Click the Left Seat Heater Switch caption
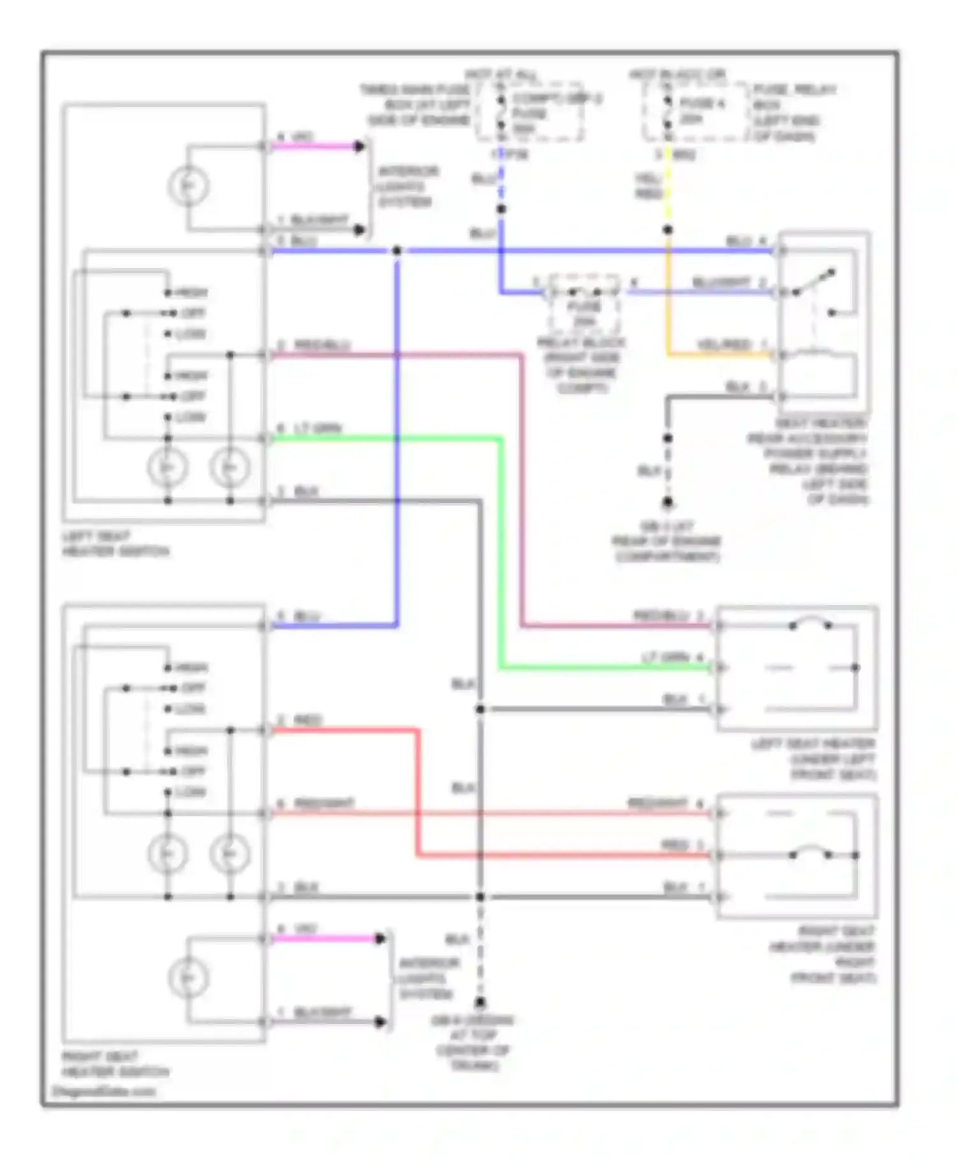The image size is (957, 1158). tap(115, 544)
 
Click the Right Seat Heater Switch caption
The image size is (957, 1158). tap(115, 1064)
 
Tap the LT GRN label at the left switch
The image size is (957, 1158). tap(317, 428)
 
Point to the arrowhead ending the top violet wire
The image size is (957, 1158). tap(360, 147)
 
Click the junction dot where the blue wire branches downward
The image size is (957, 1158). tap(396, 251)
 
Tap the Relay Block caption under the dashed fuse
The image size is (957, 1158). tap(581, 365)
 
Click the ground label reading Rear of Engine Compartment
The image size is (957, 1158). tap(666, 541)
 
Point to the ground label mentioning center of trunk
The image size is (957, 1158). tap(473, 1042)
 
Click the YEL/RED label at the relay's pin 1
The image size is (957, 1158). tap(723, 345)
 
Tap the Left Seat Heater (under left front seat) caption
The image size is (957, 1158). tap(813, 759)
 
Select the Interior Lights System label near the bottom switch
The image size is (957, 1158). tap(426, 978)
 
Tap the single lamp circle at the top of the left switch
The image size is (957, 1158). tap(188, 186)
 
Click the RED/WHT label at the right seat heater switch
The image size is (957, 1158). tap(323, 803)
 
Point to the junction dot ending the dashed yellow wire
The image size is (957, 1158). tap(667, 230)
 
